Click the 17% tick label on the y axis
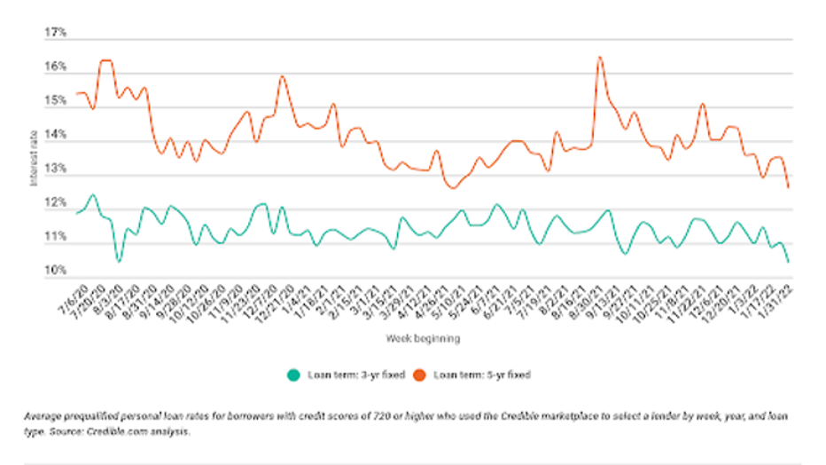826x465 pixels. coord(56,33)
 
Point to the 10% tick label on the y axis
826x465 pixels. coord(56,271)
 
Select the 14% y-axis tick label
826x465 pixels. coord(56,135)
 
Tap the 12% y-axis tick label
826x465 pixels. coord(56,203)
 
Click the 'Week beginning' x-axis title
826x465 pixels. coord(423,338)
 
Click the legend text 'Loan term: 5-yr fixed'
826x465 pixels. coord(482,375)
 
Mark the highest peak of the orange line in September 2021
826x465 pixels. coord(600,58)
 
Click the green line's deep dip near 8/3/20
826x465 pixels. coord(119,261)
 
